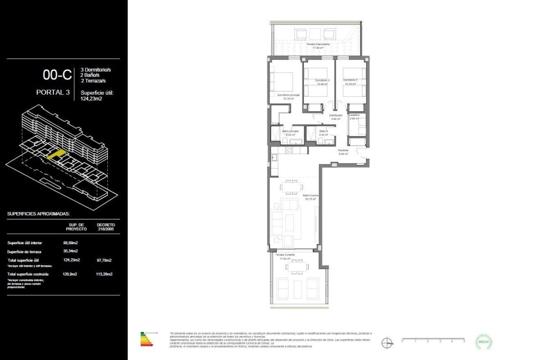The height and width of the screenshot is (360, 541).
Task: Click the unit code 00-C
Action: pos(57,74)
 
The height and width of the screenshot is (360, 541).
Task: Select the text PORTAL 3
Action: pos(53,92)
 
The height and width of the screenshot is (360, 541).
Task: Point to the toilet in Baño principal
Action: pos(286,142)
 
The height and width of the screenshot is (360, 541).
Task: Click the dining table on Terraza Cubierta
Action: pos(296,267)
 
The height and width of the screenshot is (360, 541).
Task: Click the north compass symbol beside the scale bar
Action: pos(387,343)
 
